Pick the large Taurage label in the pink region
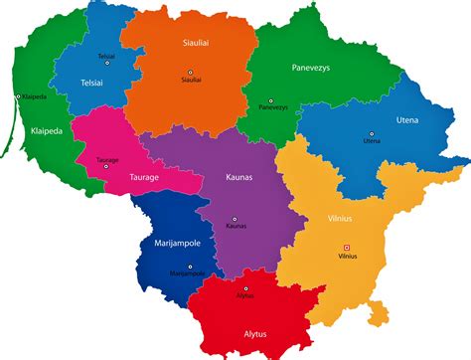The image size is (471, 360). [x=145, y=178]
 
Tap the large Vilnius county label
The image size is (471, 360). [x=340, y=218]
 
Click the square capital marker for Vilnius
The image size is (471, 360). [x=346, y=247]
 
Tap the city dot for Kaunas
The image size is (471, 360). [x=235, y=219]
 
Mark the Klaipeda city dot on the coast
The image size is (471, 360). [x=17, y=96]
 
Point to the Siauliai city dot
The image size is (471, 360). [x=189, y=72]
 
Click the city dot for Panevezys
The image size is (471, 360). [x=270, y=100]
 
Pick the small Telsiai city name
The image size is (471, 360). [x=106, y=56]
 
